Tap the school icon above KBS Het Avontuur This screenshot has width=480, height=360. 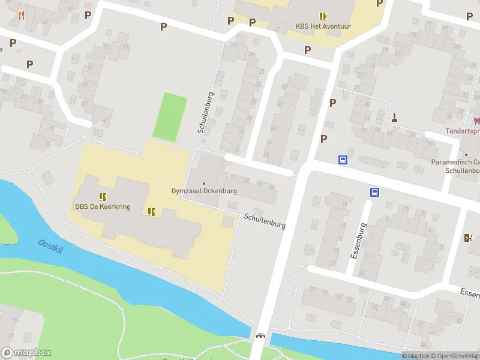(x=323, y=16)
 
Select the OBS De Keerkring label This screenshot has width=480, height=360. (x=103, y=206)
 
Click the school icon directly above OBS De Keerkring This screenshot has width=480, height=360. (x=103, y=196)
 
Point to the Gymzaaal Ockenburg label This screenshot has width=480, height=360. (x=204, y=191)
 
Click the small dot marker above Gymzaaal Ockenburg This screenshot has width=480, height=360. (x=204, y=183)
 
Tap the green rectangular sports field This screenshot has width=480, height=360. (x=170, y=117)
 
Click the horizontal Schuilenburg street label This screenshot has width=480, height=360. (x=265, y=221)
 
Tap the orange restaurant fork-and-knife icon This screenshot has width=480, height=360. (x=22, y=15)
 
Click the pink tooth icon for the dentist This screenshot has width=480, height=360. (x=477, y=120)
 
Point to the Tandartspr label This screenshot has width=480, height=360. (x=463, y=131)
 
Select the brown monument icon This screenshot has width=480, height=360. (x=395, y=117)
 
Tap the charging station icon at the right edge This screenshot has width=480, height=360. (x=468, y=238)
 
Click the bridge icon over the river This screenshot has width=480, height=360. (x=260, y=336)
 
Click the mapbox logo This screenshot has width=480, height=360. (x=26, y=353)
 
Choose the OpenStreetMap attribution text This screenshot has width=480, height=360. (x=455, y=356)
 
